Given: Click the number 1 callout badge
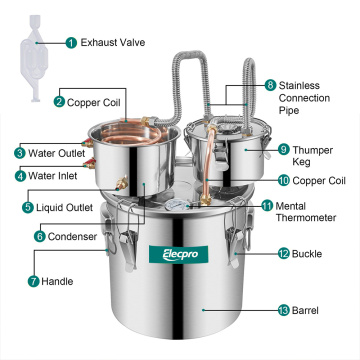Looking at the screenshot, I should (71, 43).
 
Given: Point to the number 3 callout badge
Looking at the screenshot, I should (20, 153).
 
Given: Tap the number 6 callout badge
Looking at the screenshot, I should (39, 236).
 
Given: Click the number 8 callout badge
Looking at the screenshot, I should (270, 86).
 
